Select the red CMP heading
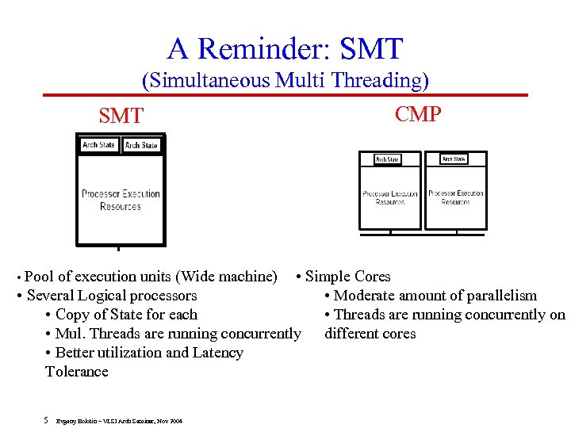click(x=418, y=114)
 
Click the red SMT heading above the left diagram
click(x=121, y=117)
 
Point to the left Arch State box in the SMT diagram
click(x=99, y=145)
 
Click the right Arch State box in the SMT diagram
click(x=141, y=145)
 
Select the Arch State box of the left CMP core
click(x=388, y=159)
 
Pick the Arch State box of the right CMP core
click(x=454, y=159)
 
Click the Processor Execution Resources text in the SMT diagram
click(x=121, y=200)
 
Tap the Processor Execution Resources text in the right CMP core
click(x=455, y=197)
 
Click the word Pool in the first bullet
click(x=40, y=277)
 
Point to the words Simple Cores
click(x=347, y=277)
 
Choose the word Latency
click(x=216, y=353)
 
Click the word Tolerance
click(x=77, y=372)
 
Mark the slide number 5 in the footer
click(x=47, y=420)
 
